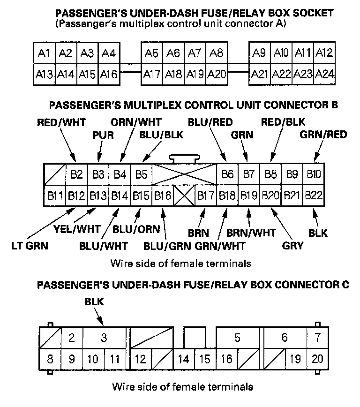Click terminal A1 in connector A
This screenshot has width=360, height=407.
point(44,53)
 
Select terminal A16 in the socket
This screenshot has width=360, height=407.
point(109,74)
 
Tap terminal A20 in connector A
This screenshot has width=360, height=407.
point(217,74)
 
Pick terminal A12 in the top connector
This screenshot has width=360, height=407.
point(324,53)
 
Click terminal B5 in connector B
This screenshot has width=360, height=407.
point(141,175)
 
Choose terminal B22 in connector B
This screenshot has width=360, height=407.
point(314,195)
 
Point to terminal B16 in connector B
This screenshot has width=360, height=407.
point(163,195)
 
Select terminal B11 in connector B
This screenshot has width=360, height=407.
point(54,195)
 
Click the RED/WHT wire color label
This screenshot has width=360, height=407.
point(61,123)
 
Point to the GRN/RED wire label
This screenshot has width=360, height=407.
point(323,136)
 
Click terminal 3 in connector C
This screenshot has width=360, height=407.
point(104,338)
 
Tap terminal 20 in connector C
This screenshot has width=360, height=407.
point(317,359)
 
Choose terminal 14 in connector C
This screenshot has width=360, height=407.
point(184,359)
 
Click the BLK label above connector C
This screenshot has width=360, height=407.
point(94,302)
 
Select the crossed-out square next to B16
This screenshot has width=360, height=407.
point(184,195)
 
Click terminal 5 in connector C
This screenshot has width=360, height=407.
point(238,338)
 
